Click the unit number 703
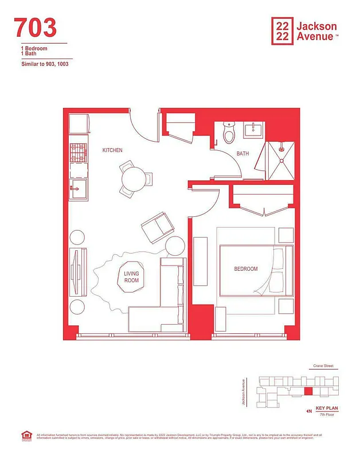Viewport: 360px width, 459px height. [35, 28]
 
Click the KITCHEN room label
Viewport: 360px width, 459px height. [112, 150]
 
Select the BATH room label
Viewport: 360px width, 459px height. [242, 154]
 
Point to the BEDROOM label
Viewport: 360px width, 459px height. [245, 269]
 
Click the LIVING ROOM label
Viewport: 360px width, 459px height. [132, 277]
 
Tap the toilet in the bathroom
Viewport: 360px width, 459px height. [229, 134]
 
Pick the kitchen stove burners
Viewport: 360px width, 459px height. [78, 153]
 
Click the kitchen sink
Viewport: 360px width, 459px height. [78, 187]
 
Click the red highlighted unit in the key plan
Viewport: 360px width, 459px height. [308, 391]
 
